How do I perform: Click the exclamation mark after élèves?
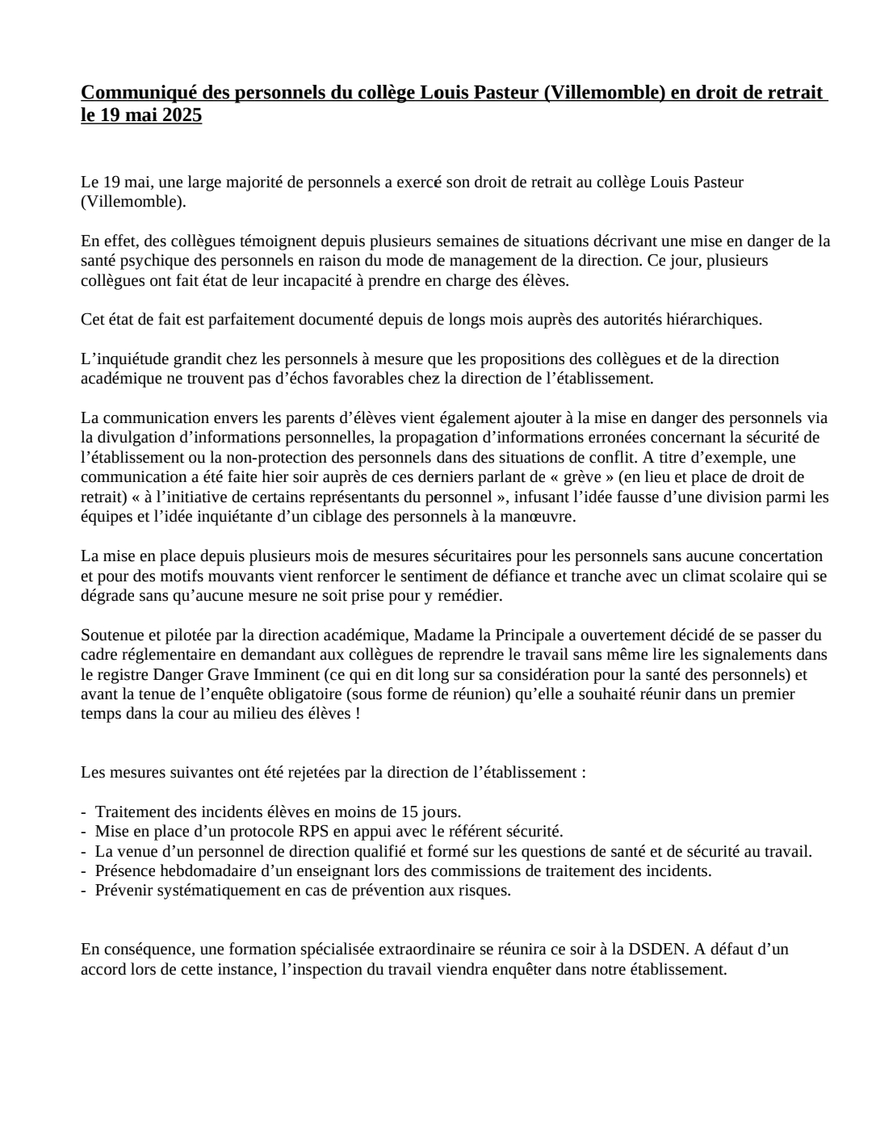point(358,714)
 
